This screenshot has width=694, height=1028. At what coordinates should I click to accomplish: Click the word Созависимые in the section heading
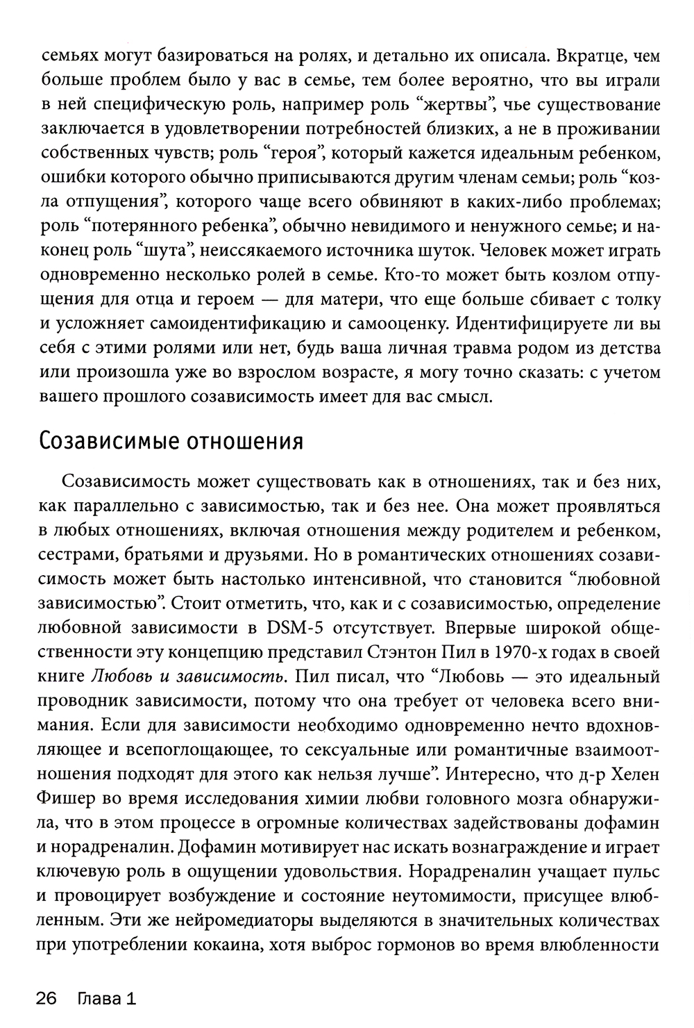102,441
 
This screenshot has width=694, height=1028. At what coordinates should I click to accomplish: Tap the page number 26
46,1000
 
